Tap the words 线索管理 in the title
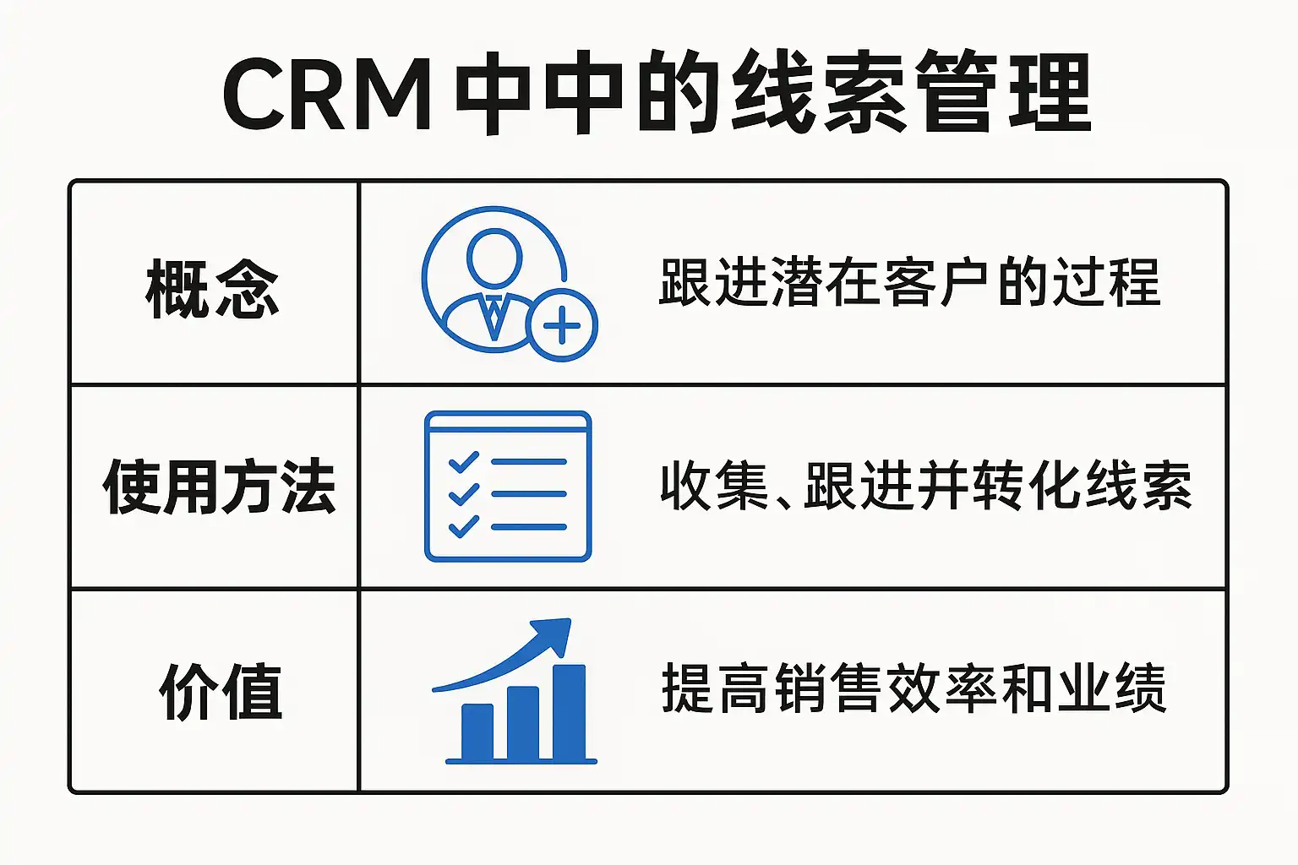click(911, 93)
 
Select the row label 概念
click(212, 290)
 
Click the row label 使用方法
click(219, 487)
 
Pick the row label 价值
click(221, 692)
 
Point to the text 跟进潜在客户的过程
click(909, 283)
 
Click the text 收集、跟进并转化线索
click(925, 487)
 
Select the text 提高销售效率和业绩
click(914, 689)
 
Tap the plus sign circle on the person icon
click(562, 325)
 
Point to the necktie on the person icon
click(494, 316)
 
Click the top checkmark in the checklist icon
click(463, 462)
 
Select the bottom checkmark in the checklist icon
click(463, 526)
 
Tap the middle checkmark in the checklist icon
click(463, 494)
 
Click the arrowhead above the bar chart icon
click(554, 635)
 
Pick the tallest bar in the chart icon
click(569, 712)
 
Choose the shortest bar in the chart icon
click(477, 732)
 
